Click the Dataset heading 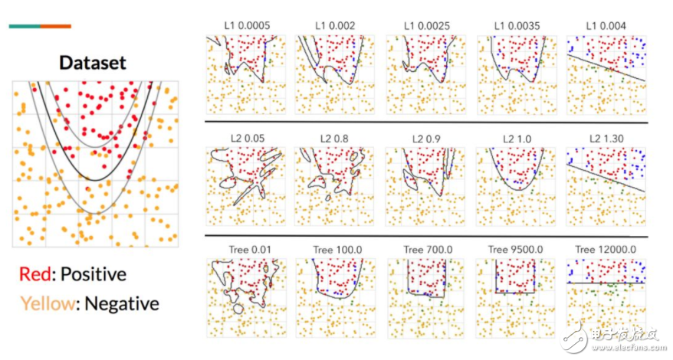(92, 63)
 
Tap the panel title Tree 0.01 (245, 250)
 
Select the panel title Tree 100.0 (335, 250)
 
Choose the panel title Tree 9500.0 (514, 250)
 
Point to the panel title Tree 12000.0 (605, 250)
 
